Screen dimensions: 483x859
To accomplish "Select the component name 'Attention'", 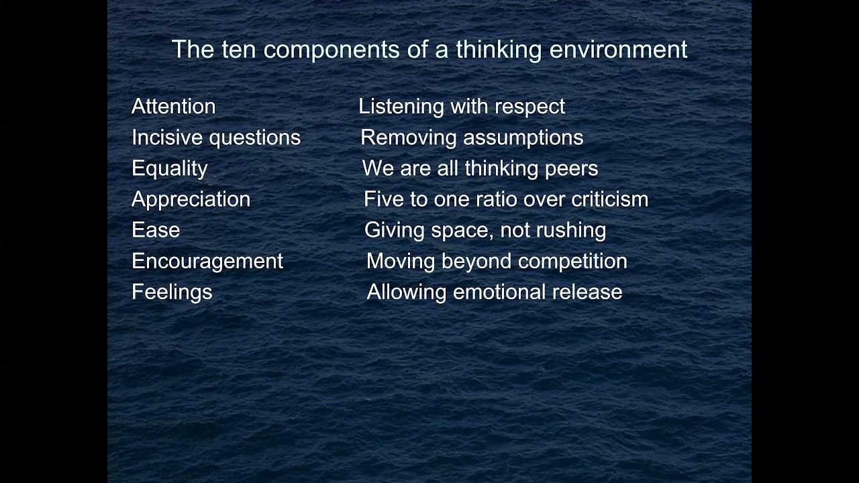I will tap(173, 106).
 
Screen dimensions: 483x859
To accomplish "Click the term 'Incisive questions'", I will tap(216, 137).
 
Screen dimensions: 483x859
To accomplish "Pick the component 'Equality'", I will tap(170, 168).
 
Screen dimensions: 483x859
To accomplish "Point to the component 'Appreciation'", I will tap(191, 199).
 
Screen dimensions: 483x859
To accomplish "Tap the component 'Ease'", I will tap(156, 229).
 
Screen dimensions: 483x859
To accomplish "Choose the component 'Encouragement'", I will tap(207, 260).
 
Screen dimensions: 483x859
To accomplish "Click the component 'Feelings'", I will tap(172, 291).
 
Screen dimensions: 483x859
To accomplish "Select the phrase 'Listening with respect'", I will tap(462, 106).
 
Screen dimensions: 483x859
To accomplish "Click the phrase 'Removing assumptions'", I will tap(472, 137).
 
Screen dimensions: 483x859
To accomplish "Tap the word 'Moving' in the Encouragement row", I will tap(401, 260).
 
